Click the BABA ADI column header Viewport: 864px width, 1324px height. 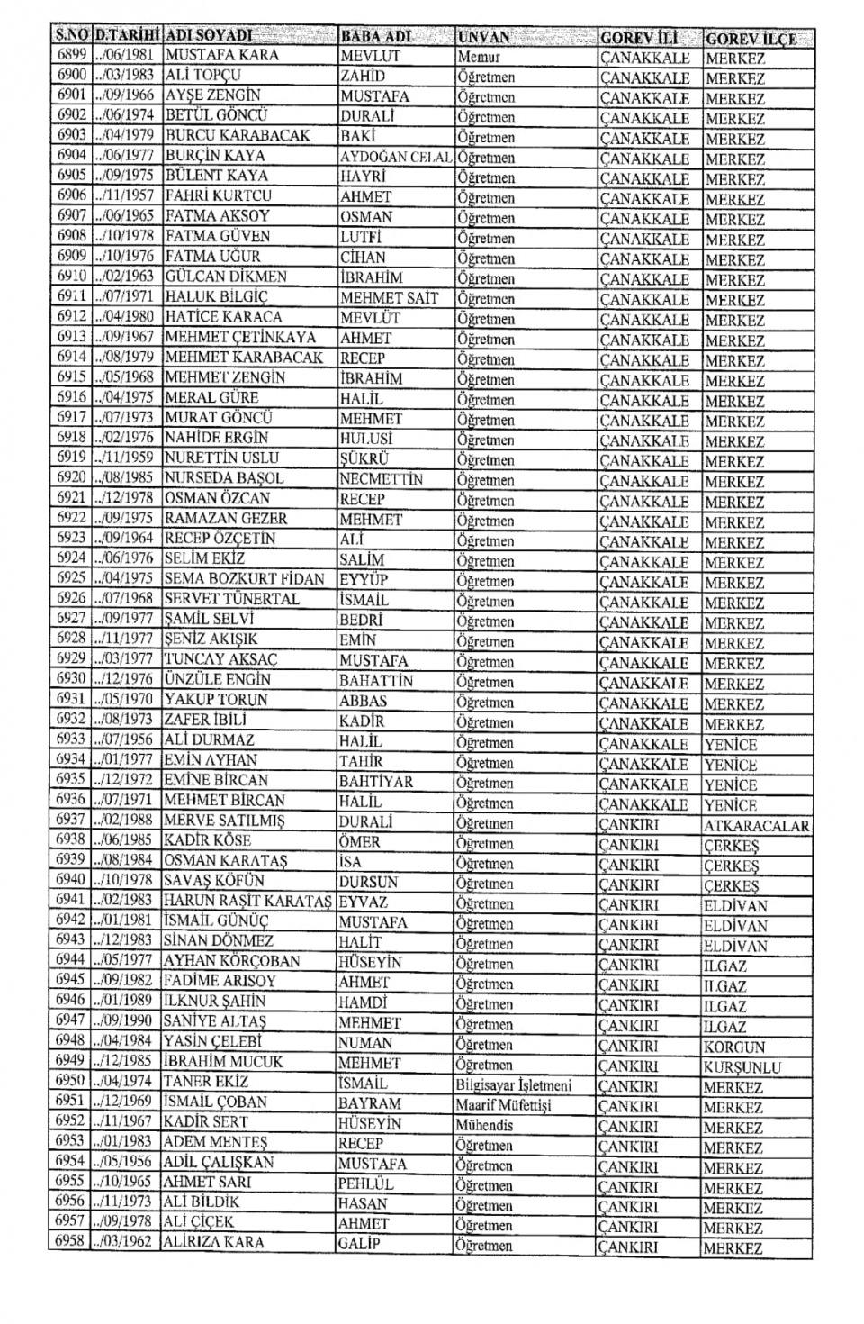375,37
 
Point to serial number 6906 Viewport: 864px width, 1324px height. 71,195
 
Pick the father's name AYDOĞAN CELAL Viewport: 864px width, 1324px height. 395,157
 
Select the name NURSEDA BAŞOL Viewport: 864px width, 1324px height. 224,478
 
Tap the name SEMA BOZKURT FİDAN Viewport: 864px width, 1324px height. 244,579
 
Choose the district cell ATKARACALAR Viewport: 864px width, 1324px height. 755,825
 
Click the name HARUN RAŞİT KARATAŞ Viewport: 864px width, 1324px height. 247,901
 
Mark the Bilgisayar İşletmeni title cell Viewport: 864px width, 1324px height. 513,1085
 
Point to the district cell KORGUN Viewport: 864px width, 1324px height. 733,1047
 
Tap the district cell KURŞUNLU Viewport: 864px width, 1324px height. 742,1067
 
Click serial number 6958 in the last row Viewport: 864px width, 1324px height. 69,1242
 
